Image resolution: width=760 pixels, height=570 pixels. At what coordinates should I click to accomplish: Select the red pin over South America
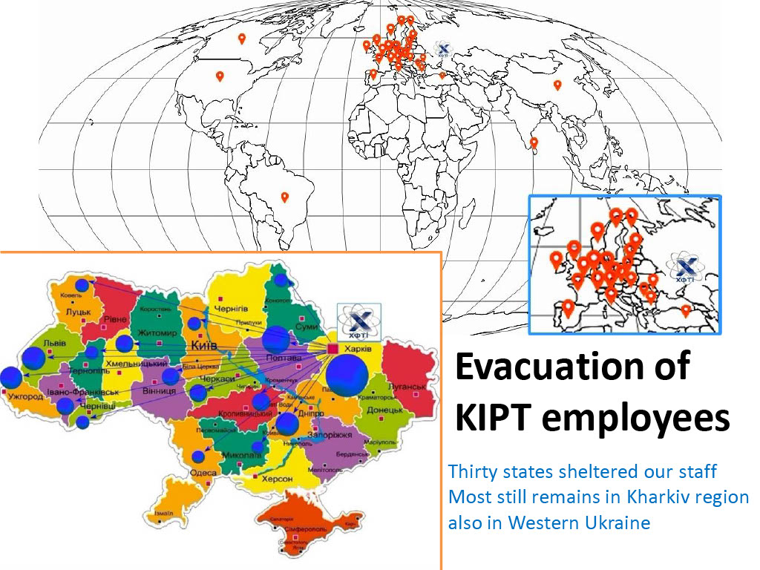tap(284, 197)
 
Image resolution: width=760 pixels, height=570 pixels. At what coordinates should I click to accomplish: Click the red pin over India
tap(534, 142)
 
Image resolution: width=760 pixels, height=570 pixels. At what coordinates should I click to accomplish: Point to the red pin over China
tap(557, 85)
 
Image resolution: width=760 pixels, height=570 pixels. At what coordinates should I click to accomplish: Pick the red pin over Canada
tap(241, 39)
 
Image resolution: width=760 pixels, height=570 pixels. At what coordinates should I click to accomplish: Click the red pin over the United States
tap(220, 76)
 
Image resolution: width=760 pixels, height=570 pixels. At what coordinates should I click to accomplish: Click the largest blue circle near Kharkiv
tap(347, 376)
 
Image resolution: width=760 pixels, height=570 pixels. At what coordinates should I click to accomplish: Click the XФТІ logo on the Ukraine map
tap(359, 321)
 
